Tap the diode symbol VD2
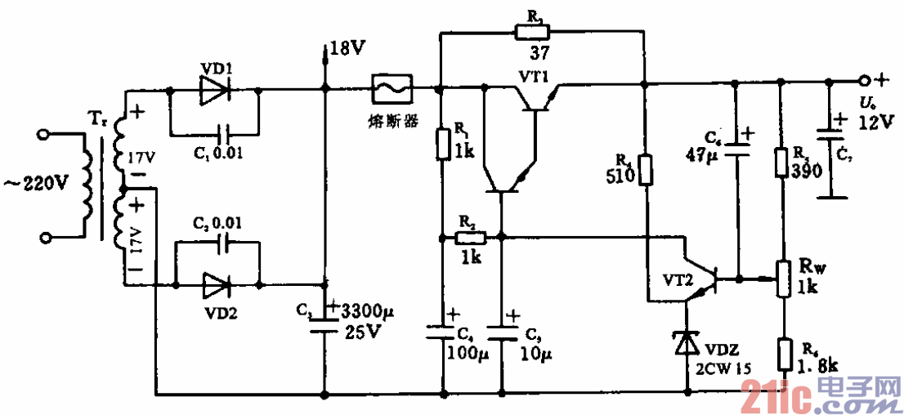click(x=215, y=284)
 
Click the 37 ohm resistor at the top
click(x=533, y=33)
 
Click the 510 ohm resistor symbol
click(x=645, y=170)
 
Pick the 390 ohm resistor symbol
click(x=780, y=162)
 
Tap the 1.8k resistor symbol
click(x=784, y=355)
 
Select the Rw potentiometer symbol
click(x=782, y=279)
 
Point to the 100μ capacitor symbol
click(x=442, y=331)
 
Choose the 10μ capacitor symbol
click(x=502, y=331)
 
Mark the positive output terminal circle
click(x=863, y=81)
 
